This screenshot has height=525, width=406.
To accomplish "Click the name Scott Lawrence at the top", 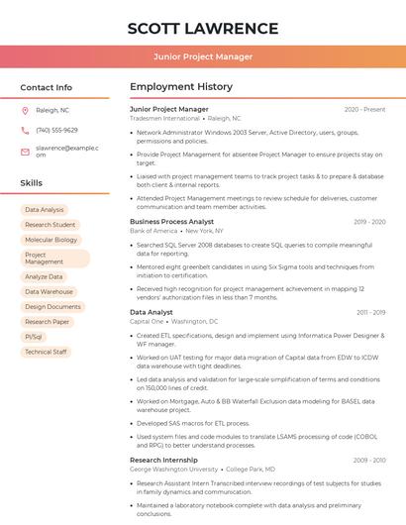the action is [203, 28].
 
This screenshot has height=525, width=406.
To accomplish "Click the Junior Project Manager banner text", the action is [203, 57].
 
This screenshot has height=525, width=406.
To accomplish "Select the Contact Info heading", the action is [47, 87].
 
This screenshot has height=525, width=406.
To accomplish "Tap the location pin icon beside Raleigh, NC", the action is [25, 110].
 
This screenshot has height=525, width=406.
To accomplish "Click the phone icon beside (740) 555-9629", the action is [25, 130].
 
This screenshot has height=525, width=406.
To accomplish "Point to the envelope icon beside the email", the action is [25, 151].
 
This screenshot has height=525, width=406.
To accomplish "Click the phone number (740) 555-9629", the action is [56, 130].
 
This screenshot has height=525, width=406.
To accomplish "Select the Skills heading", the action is [32, 183].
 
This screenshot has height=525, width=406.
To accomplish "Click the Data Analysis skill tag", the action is [45, 210].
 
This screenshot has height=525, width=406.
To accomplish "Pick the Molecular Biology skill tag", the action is [51, 239].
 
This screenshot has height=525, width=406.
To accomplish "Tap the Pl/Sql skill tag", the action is [34, 337].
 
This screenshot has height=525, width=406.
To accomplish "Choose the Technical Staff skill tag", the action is [46, 352].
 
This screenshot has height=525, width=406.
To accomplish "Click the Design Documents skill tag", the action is [53, 307].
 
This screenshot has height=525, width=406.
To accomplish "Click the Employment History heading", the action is [181, 87].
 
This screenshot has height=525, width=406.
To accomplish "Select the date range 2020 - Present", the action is [364, 109].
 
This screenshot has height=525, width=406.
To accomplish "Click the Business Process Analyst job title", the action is [171, 222].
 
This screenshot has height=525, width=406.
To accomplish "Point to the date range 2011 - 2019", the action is [370, 312].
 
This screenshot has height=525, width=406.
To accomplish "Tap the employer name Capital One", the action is [147, 322].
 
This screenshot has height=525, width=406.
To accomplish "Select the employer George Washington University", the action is [174, 470].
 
